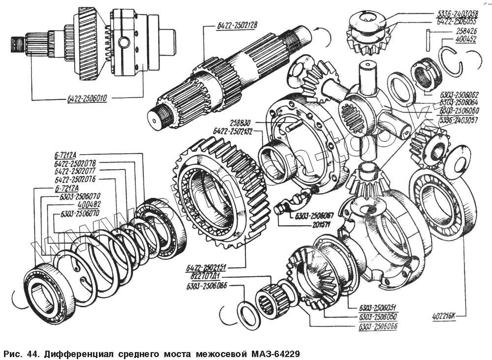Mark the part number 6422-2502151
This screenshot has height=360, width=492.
207,268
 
